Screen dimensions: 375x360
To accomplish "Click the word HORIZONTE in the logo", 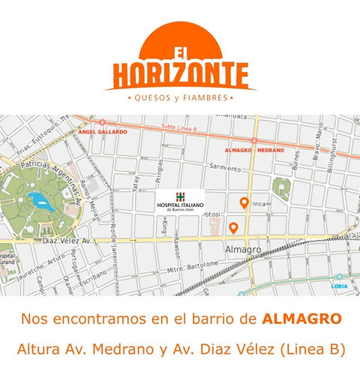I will [181, 74].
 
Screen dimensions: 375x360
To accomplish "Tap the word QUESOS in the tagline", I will [154, 97].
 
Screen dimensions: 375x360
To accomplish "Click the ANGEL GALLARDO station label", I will [101, 131].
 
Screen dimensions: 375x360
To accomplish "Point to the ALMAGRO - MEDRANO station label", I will [254, 150].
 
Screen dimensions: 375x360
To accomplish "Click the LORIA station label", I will [340, 286].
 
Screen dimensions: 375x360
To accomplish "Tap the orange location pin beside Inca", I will [243, 202].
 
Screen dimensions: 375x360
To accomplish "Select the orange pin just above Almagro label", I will [233, 228].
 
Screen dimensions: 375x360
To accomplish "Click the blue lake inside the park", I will [36, 199].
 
